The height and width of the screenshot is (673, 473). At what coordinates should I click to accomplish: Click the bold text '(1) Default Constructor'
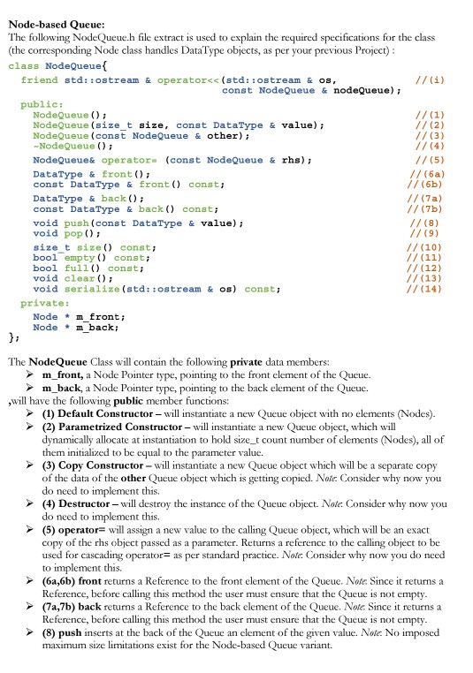coord(101,414)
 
